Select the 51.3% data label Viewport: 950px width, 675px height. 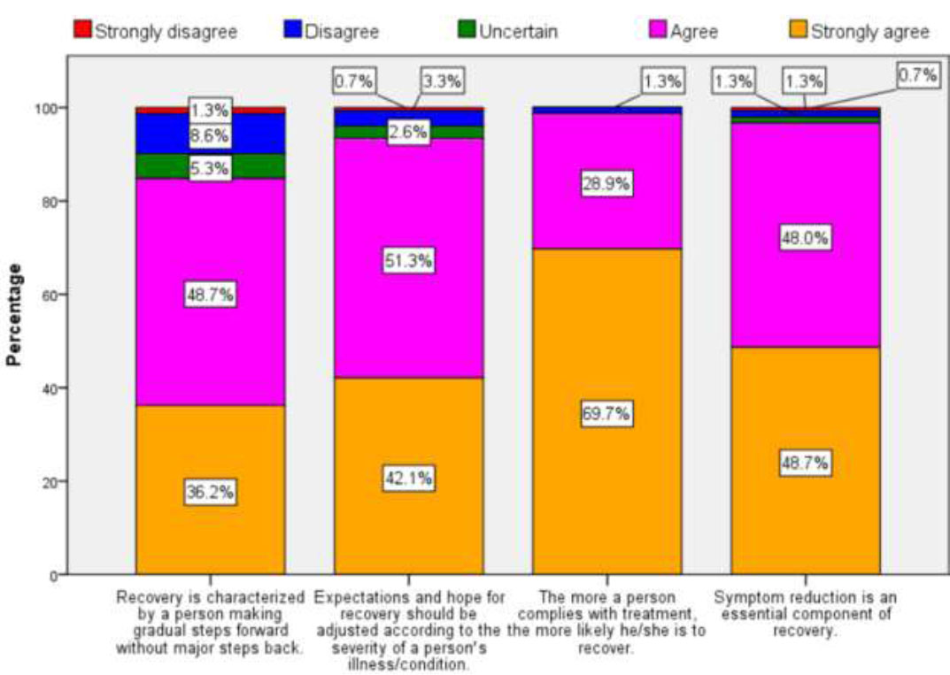(408, 261)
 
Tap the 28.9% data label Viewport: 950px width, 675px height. (606, 185)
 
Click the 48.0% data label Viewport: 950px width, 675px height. (805, 238)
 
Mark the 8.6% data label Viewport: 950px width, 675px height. (210, 136)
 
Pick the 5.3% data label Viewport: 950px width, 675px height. (210, 166)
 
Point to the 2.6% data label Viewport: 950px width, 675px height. (408, 132)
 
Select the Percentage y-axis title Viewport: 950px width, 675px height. (15, 314)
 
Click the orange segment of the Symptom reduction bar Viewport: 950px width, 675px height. (805, 513)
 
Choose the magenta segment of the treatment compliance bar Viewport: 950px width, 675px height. (606, 212)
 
